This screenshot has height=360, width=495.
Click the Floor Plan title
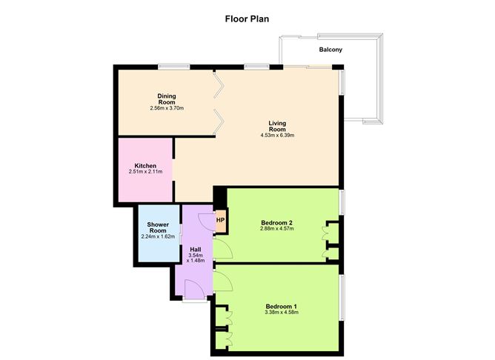tap(247, 19)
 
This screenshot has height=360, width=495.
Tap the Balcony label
tap(330, 50)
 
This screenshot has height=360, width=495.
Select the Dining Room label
tap(166, 99)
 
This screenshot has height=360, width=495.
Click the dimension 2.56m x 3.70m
tap(166, 109)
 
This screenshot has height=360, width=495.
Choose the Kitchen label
tap(145, 165)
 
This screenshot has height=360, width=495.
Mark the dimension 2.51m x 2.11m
tap(145, 172)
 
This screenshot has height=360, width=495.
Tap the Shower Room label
tap(158, 227)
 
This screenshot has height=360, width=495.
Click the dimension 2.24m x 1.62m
tap(158, 237)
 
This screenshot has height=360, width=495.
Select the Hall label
tap(196, 249)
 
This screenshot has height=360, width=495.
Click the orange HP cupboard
tap(220, 220)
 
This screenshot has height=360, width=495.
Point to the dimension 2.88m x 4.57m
tap(278, 229)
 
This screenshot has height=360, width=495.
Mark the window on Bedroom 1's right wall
tap(341, 297)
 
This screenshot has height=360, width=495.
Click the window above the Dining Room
tap(173, 67)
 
